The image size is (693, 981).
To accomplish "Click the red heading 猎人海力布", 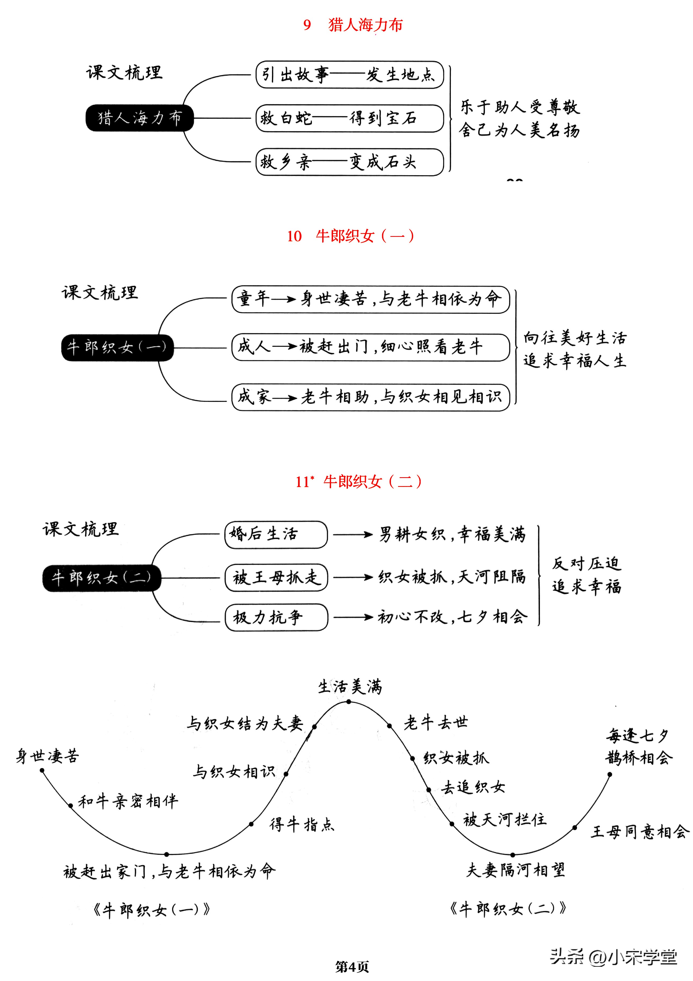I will [x=365, y=25].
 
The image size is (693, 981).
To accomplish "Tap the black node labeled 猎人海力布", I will [x=140, y=118].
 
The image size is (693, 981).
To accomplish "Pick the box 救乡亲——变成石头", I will [x=349, y=162].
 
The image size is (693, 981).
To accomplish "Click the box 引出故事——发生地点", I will [x=349, y=75].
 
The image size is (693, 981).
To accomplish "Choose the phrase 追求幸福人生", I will [x=575, y=361].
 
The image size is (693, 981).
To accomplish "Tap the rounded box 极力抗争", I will [x=276, y=617].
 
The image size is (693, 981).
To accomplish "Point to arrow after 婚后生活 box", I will [x=353, y=534].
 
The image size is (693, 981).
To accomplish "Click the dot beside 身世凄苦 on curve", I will [x=42, y=770].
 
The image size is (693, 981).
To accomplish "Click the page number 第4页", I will [x=352, y=966].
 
